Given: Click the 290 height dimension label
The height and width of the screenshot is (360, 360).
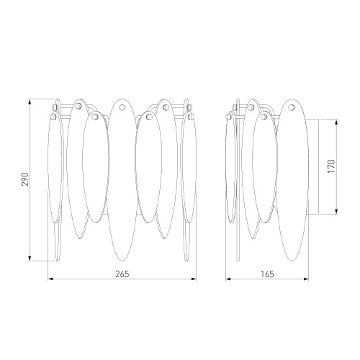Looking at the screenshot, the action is coord(25,179).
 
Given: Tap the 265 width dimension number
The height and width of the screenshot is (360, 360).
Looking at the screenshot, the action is coord(122,274).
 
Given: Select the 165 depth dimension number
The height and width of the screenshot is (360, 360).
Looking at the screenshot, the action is coord(267,274).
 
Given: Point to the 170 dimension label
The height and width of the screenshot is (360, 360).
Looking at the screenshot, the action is coord(331,166).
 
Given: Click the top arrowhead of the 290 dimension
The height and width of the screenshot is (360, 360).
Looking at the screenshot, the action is coord(30,102).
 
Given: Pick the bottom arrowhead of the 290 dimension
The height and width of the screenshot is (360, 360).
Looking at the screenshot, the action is coord(30,258).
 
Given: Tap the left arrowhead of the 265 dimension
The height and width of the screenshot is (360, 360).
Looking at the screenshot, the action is coord(50,279).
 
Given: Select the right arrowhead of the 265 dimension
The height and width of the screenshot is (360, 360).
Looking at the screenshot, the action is coord(194,279).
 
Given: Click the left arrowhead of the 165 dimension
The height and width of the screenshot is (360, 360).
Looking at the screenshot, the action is coord(228,279).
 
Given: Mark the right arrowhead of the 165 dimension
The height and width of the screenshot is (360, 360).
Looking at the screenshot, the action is coord(306,279).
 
